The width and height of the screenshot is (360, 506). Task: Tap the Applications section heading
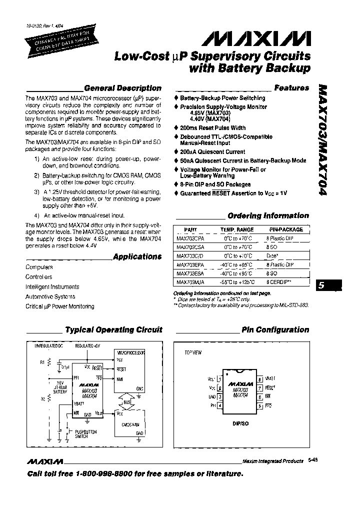(137, 256)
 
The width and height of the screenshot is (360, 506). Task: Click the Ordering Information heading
(268, 215)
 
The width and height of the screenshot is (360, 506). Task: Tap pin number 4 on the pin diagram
(220, 405)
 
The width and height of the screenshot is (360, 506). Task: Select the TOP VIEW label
(193, 352)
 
